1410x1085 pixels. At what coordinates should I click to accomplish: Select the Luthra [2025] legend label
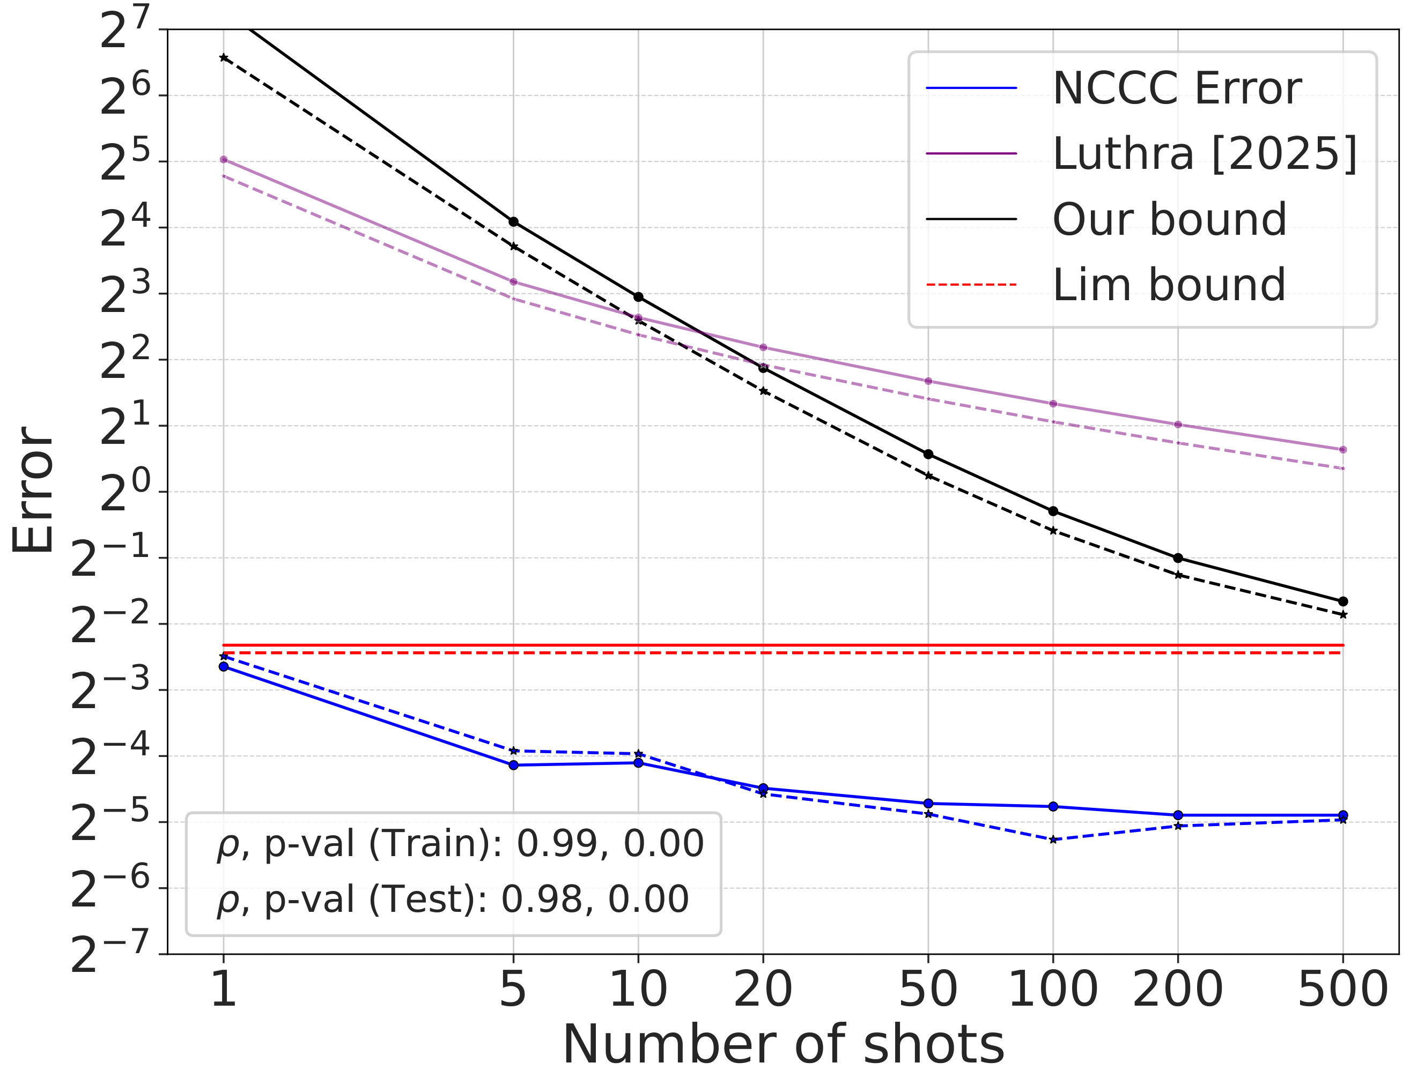(1205, 154)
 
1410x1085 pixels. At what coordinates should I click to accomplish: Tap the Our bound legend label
(1169, 219)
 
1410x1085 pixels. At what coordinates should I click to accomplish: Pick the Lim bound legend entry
(1169, 285)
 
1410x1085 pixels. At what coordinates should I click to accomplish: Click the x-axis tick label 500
(1342, 989)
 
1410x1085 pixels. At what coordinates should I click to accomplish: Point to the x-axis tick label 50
(928, 989)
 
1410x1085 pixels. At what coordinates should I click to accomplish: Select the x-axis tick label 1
(223, 989)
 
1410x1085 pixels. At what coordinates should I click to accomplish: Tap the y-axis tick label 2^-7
(110, 953)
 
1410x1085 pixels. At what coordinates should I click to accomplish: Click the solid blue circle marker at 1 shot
(223, 667)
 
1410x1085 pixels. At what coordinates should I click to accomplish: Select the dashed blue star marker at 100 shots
(1053, 839)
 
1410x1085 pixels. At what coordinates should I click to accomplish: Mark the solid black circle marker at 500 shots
(1343, 601)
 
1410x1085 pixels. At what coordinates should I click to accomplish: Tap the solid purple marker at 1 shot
(223, 159)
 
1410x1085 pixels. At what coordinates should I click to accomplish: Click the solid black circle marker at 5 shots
(513, 222)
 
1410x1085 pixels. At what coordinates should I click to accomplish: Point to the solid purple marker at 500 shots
(1343, 450)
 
